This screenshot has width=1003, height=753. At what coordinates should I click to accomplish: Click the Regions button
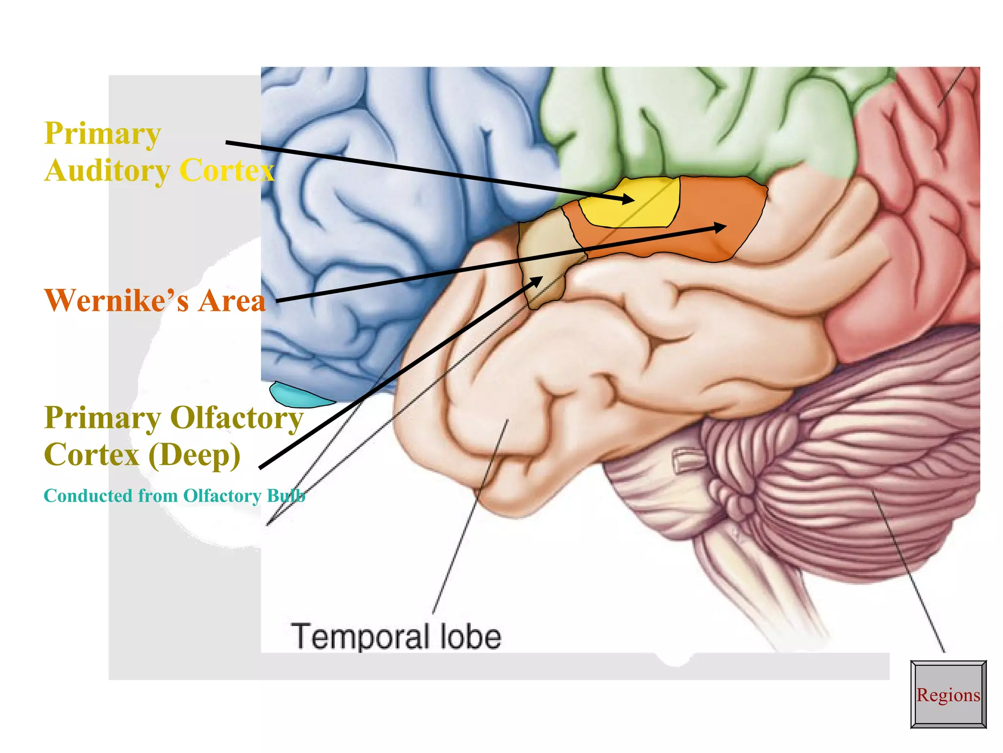[948, 694]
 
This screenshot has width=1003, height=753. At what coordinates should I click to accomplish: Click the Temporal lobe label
[396, 636]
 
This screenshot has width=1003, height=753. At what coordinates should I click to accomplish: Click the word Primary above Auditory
[103, 133]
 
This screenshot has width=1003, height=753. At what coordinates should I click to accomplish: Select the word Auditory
[107, 171]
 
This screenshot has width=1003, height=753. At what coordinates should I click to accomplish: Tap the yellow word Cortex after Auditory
[226, 171]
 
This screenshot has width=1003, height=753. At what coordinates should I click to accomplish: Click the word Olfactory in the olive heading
[237, 418]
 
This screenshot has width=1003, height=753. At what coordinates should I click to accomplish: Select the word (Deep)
[194, 455]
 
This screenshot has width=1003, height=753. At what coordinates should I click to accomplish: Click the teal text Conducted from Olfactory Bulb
[174, 496]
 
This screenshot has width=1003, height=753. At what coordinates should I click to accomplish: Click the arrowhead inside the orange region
[720, 227]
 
